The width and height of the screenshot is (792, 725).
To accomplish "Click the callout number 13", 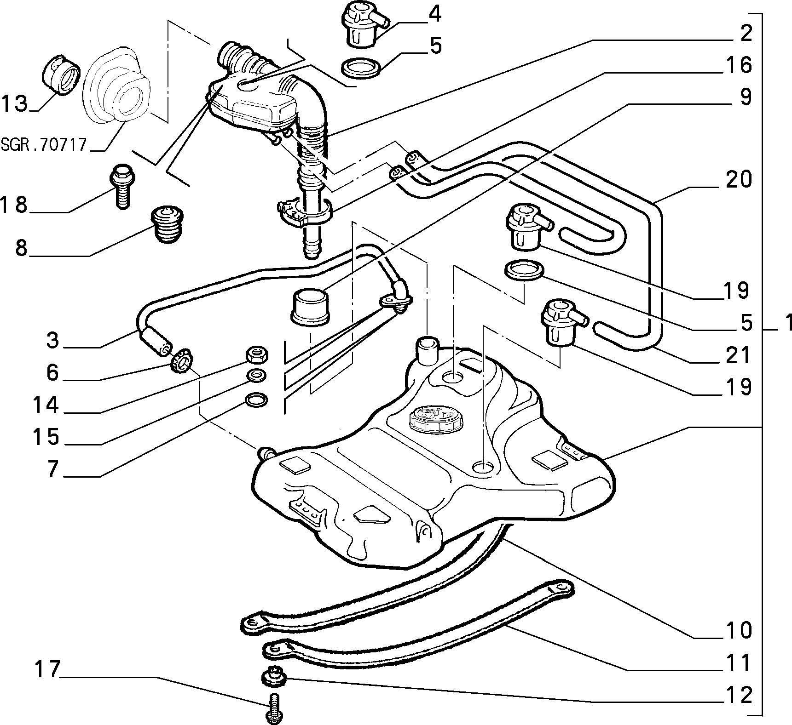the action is point(14,103).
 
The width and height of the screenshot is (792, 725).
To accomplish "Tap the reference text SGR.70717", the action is point(44,145).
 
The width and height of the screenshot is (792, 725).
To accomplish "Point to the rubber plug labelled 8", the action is point(168,226).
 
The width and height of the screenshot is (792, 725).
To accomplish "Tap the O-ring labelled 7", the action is point(255,400).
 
